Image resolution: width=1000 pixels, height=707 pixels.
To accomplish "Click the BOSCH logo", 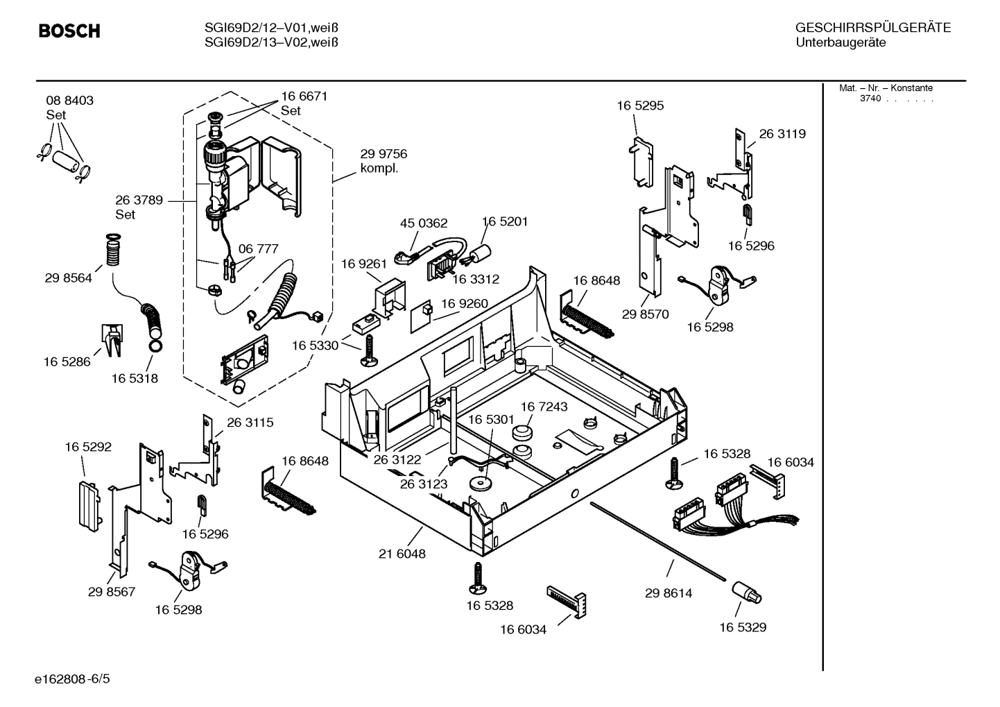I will [69, 31].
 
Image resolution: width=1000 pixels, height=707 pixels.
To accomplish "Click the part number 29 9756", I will [383, 154].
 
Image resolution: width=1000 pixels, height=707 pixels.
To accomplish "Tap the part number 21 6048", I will [402, 554].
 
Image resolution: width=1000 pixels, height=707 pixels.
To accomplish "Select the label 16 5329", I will [743, 627].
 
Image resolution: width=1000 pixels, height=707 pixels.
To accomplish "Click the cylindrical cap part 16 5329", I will [745, 594].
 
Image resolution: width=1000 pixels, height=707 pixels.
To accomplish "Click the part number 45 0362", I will [424, 223].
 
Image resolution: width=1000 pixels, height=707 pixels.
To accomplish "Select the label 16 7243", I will [544, 407].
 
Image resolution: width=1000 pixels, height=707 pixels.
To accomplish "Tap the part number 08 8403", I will [69, 101].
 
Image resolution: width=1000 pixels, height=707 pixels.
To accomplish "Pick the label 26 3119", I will [782, 134].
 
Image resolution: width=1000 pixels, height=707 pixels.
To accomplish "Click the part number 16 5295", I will [640, 105].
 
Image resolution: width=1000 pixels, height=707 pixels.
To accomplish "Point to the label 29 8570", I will [645, 314].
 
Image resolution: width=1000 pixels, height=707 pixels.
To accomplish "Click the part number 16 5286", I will [67, 361].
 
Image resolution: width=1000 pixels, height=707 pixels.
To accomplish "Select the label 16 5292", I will [88, 448].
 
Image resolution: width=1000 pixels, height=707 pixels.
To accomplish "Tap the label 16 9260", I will [465, 304].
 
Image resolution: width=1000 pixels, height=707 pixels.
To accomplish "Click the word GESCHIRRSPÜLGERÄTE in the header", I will [872, 28].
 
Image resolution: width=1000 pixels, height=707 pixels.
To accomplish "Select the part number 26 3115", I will [250, 422].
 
